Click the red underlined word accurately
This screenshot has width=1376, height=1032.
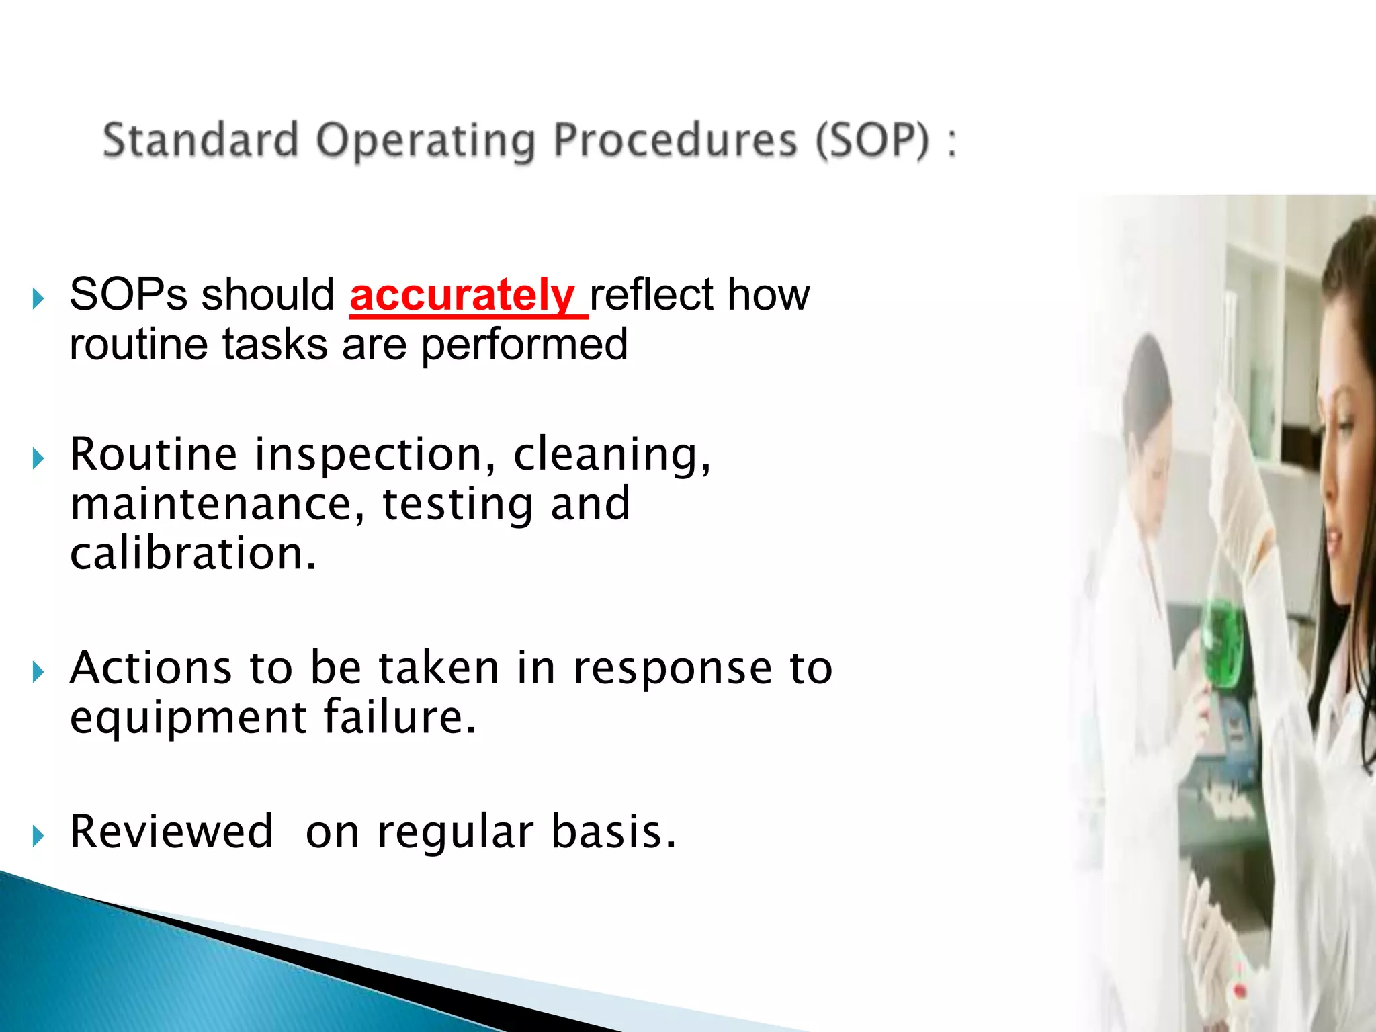(x=462, y=296)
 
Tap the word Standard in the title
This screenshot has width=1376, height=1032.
(x=200, y=140)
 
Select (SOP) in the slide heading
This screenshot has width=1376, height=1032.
(x=873, y=141)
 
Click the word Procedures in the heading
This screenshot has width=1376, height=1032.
(x=675, y=141)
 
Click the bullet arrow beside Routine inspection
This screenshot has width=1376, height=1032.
(x=38, y=459)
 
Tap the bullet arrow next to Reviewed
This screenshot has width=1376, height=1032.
(x=38, y=836)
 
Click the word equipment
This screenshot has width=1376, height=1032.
(x=188, y=717)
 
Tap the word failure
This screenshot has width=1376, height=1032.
(x=399, y=717)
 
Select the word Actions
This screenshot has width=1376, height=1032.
(x=150, y=668)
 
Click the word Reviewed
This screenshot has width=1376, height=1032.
(x=171, y=832)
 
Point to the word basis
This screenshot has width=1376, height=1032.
(x=612, y=832)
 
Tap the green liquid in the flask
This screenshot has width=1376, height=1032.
(x=1221, y=642)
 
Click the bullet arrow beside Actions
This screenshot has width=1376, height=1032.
(x=38, y=672)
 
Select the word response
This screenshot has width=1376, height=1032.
(x=673, y=669)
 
